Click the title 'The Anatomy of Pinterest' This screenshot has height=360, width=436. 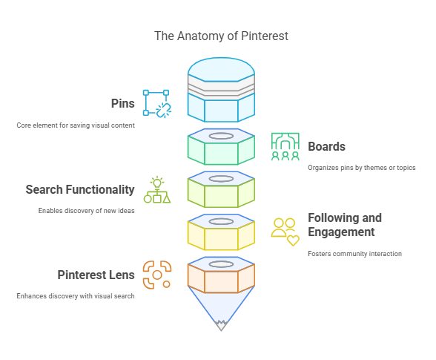[x=221, y=36]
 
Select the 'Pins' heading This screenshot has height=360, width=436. [x=123, y=103]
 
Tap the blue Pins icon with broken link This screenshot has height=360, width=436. [x=157, y=104]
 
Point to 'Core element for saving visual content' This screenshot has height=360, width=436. [x=76, y=125]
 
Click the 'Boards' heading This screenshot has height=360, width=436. [x=326, y=146]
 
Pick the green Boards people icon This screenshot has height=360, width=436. [x=285, y=147]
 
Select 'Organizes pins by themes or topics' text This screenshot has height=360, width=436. [x=362, y=168]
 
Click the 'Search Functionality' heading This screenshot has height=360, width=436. [x=80, y=189]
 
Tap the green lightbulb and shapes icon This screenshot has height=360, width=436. [x=157, y=189]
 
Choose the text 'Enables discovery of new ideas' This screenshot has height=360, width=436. [x=87, y=211]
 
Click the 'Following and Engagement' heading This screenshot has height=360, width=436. [x=345, y=225]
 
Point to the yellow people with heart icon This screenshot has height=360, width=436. [x=285, y=232]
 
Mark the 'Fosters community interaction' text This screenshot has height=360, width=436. [x=354, y=254]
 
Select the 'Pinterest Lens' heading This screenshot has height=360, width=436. [x=96, y=275]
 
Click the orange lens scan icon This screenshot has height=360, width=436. [x=157, y=275]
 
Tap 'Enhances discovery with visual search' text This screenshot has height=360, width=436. [x=76, y=296]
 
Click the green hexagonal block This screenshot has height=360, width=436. [x=221, y=147]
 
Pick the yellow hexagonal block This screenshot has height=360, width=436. [x=221, y=232]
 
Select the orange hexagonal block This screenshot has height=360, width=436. [x=221, y=275]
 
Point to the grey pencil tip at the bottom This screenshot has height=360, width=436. [x=221, y=326]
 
